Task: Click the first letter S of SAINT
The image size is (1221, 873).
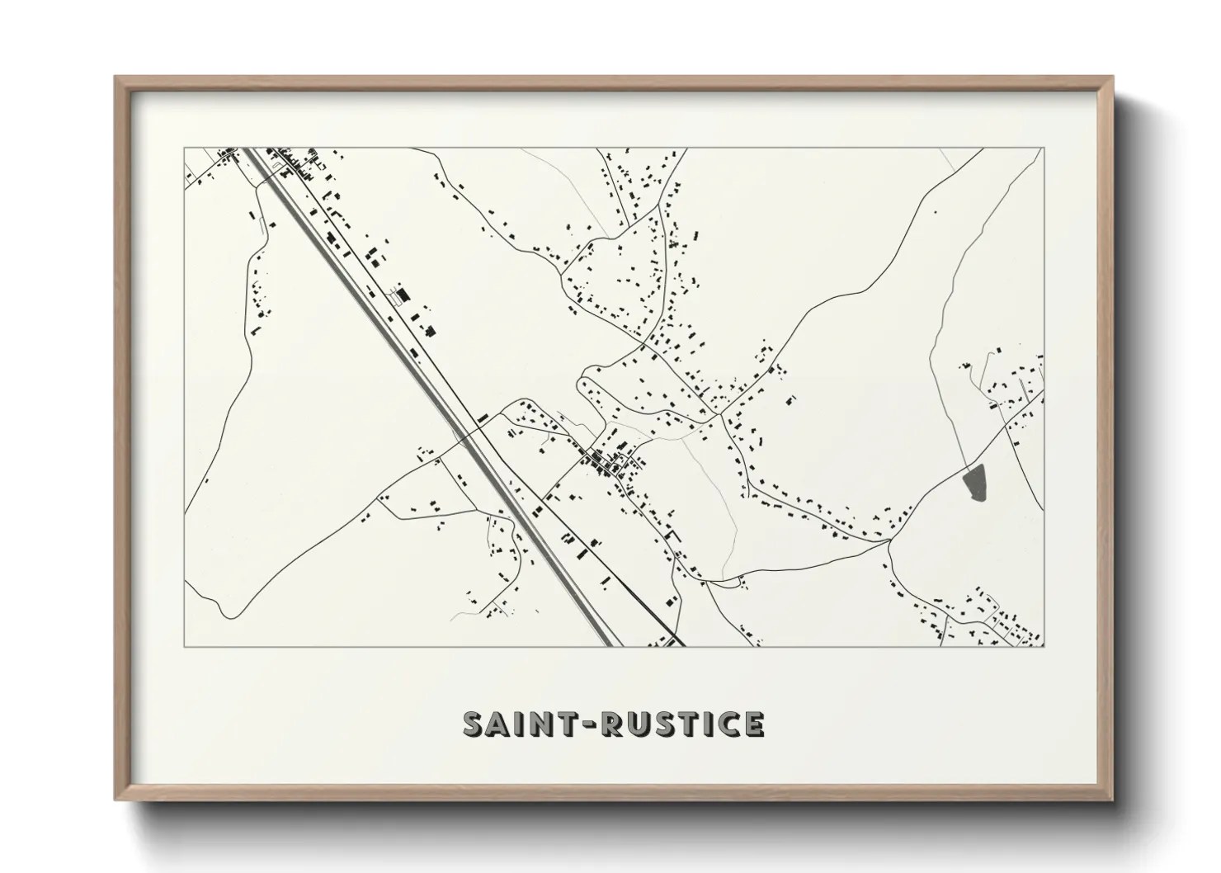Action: coord(475,724)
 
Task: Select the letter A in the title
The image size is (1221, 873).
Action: coord(502,724)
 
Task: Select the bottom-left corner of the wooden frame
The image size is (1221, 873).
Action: coord(115,800)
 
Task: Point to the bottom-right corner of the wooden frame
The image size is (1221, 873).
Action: coord(1113,800)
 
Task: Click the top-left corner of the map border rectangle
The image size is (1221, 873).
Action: coord(184,149)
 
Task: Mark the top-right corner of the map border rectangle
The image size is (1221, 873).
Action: coord(1044,149)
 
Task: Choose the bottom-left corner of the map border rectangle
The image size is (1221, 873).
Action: coord(184,647)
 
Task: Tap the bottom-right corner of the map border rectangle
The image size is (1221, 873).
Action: coord(1044,647)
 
